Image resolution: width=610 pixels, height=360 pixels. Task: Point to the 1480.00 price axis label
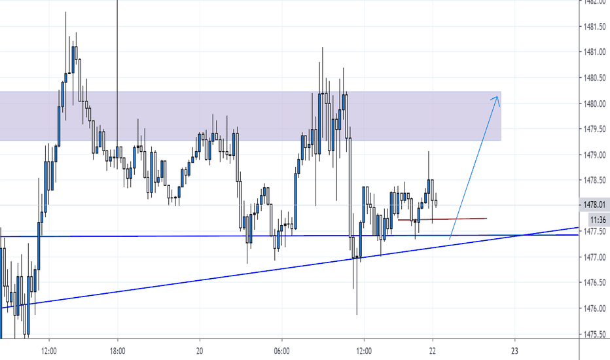pyautogui.click(x=595, y=103)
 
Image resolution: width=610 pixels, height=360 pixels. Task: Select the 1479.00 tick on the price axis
pyautogui.click(x=595, y=154)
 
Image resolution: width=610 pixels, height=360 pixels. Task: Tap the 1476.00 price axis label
pyautogui.click(x=595, y=308)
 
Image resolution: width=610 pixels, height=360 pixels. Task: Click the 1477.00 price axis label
pyautogui.click(x=595, y=257)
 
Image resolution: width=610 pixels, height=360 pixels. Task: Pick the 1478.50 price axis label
pyautogui.click(x=595, y=180)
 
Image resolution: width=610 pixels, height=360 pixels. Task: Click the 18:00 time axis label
pyautogui.click(x=118, y=350)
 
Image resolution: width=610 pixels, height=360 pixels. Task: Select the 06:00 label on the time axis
pyautogui.click(x=282, y=350)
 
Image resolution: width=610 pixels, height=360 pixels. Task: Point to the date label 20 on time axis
pyautogui.click(x=200, y=350)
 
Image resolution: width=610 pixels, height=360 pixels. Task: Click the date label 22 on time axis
pyautogui.click(x=433, y=350)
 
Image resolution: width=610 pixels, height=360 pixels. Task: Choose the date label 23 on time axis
pyautogui.click(x=515, y=350)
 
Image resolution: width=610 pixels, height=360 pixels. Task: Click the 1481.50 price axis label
pyautogui.click(x=595, y=27)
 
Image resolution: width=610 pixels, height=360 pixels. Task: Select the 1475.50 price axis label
pyautogui.click(x=595, y=334)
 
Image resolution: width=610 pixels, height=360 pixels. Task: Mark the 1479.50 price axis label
pyautogui.click(x=595, y=129)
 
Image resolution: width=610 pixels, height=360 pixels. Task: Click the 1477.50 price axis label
pyautogui.click(x=595, y=232)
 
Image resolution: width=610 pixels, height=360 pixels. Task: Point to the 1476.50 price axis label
pyautogui.click(x=595, y=283)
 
